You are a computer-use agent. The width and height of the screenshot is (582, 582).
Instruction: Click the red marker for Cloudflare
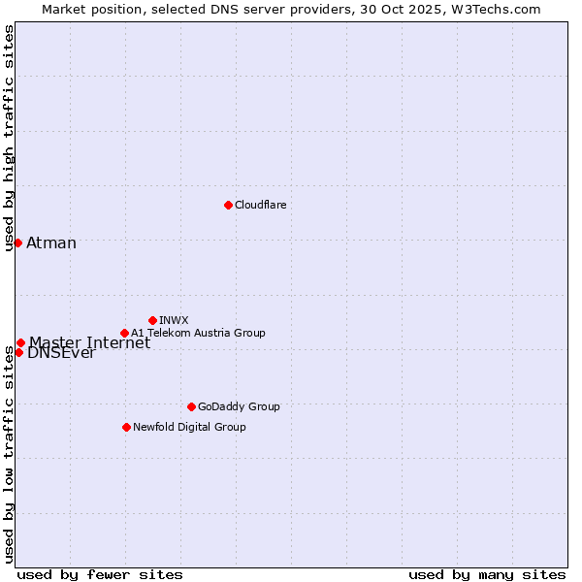(x=228, y=205)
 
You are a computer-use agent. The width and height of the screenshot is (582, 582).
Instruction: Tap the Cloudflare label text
(x=260, y=205)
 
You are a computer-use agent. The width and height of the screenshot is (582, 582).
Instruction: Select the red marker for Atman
(x=17, y=242)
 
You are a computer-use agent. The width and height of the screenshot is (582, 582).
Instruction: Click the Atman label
(x=51, y=243)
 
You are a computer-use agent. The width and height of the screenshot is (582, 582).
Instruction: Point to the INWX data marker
(x=152, y=320)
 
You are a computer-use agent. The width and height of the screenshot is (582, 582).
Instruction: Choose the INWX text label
(x=174, y=320)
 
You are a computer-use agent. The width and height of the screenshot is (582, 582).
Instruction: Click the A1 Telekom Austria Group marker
(x=124, y=333)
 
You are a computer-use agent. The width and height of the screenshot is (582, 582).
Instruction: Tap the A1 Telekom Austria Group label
(x=198, y=333)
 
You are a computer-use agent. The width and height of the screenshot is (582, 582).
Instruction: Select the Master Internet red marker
(x=20, y=342)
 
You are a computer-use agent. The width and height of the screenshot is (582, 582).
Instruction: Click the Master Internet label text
(x=89, y=342)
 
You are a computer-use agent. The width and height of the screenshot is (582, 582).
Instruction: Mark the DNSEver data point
(x=18, y=352)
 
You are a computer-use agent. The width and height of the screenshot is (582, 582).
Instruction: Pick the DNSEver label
(x=61, y=354)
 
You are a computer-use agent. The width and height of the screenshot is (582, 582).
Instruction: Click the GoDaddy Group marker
(x=191, y=406)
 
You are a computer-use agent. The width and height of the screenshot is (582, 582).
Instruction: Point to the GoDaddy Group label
(x=239, y=406)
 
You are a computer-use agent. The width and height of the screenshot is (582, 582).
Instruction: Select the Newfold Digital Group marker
(x=126, y=427)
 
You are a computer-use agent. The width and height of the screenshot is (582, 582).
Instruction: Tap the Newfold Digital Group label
(x=189, y=427)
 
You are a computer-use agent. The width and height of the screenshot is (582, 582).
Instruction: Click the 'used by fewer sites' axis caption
(x=100, y=574)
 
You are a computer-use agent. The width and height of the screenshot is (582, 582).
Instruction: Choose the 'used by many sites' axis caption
(x=487, y=574)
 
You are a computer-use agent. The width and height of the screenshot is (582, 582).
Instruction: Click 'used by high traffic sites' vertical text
(x=9, y=139)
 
